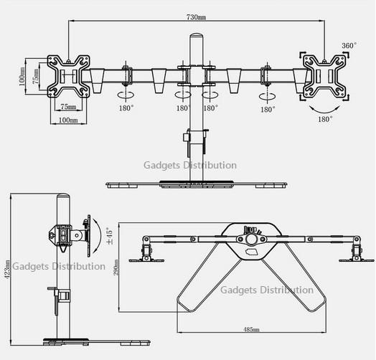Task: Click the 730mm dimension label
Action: click(x=196, y=17)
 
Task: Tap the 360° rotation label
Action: click(x=349, y=45)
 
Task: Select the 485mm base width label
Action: click(x=251, y=329)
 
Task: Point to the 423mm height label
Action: click(x=7, y=269)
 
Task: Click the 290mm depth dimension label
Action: click(x=116, y=267)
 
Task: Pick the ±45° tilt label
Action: click(x=109, y=236)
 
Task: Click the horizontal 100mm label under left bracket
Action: click(x=68, y=120)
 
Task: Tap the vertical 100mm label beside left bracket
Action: click(x=22, y=76)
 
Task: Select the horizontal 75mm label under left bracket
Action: click(x=68, y=106)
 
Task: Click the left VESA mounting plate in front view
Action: click(x=69, y=76)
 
